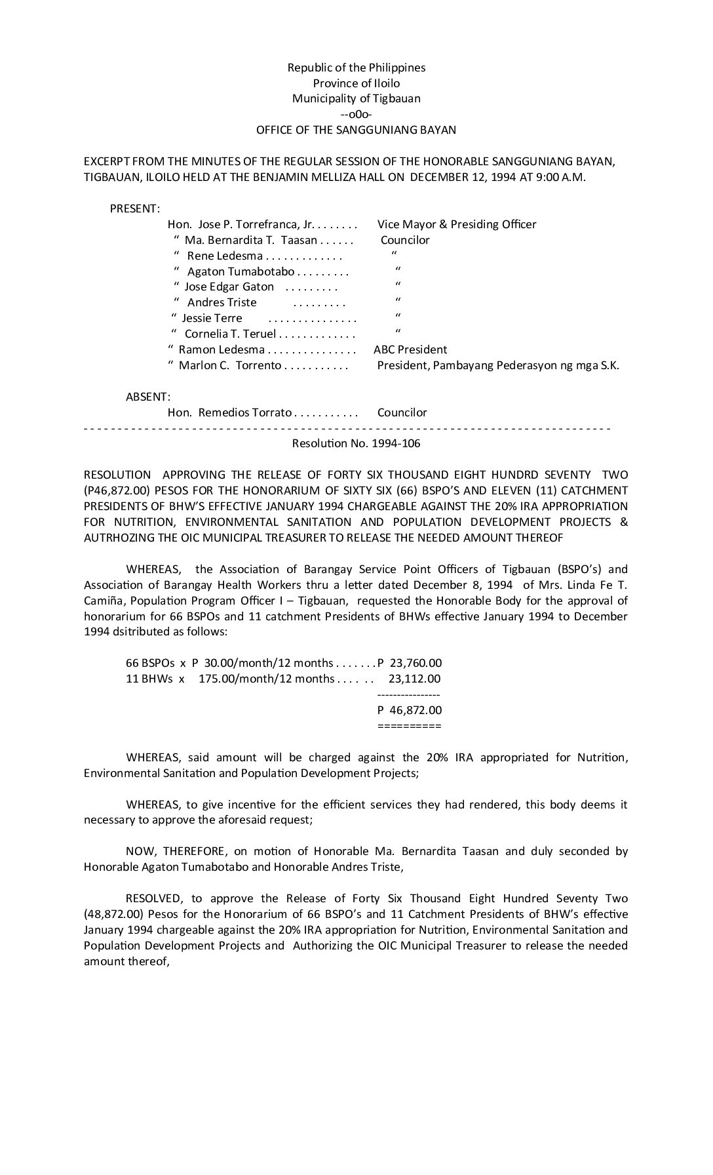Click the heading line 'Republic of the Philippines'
pyautogui.click(x=356, y=68)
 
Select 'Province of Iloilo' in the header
pyautogui.click(x=356, y=83)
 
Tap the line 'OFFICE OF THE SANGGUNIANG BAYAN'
pyautogui.click(x=356, y=130)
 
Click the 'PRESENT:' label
pyautogui.click(x=135, y=209)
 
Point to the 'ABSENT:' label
pyautogui.click(x=148, y=397)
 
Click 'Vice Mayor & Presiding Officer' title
pyautogui.click(x=457, y=224)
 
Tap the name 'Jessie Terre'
pyautogui.click(x=212, y=318)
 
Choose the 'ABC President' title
pyautogui.click(x=410, y=349)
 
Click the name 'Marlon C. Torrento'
pyautogui.click(x=230, y=365)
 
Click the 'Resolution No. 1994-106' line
pyautogui.click(x=356, y=443)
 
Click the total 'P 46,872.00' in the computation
pyautogui.click(x=410, y=710)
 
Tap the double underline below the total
pyautogui.click(x=410, y=726)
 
